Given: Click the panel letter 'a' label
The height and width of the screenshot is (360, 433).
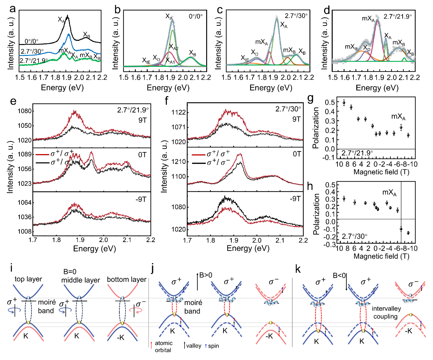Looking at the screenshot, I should pos(13,9).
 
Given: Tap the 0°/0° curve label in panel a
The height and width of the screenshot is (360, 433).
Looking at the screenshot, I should pos(31,42).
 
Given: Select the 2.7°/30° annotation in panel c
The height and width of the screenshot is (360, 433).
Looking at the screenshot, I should pos(296,16).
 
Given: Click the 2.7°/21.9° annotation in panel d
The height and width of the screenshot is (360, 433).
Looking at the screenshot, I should pos(398,16).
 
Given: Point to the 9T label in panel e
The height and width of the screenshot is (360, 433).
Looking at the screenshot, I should pos(143,120).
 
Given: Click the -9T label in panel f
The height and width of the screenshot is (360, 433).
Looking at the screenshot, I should pos(295,199).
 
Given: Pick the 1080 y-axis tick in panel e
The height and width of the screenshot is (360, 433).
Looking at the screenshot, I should pos(25,111).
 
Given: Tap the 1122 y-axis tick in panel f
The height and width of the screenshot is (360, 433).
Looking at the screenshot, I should pos(179,112).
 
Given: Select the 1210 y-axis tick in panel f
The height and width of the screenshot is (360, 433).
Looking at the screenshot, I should pos(179,162).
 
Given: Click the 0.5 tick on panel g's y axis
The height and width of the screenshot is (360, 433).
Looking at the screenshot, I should pos(330,102).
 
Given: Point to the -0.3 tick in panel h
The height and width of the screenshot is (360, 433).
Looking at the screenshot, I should pos(328,244).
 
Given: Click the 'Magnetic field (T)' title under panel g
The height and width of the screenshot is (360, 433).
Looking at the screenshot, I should pos(381,172).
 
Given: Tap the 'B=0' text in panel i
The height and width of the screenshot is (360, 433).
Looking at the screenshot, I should pos(70,272).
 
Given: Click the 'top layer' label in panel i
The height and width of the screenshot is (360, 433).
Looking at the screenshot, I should pos(28,279).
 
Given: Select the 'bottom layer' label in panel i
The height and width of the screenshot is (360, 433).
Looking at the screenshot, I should pos(127,280).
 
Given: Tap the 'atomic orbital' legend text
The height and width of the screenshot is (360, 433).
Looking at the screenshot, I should pos(163,346).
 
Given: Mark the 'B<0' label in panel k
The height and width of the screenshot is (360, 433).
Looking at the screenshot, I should pos(339,275).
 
